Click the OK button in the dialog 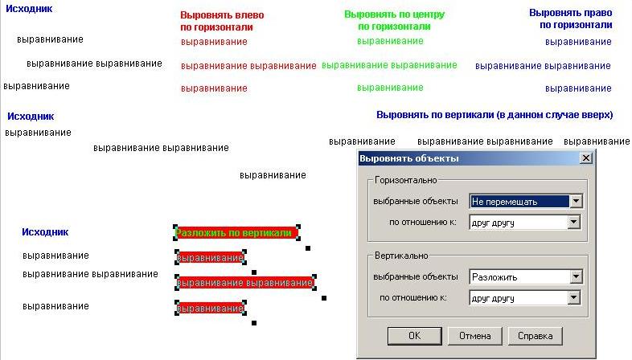pyautogui.click(x=414, y=336)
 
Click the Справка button pyautogui.click(x=535, y=336)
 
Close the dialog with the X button pyautogui.click(x=586, y=158)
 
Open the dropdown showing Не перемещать pyautogui.click(x=526, y=202)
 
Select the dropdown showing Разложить pyautogui.click(x=526, y=277)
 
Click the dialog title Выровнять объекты pyautogui.click(x=409, y=158)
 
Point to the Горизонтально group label pyautogui.click(x=405, y=180)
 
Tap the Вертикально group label pyautogui.click(x=401, y=256)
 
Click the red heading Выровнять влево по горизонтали pyautogui.click(x=222, y=21)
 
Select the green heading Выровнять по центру pyautogui.click(x=394, y=20)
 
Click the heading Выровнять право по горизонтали pyautogui.click(x=571, y=19)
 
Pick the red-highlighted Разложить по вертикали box pyautogui.click(x=236, y=233)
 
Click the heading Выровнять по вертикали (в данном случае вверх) pyautogui.click(x=495, y=115)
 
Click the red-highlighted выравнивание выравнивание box pyautogui.click(x=245, y=283)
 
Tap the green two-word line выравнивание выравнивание pyautogui.click(x=389, y=65)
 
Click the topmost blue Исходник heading pyautogui.click(x=29, y=9)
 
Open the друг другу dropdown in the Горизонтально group pyautogui.click(x=525, y=223)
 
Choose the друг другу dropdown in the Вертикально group pyautogui.click(x=525, y=298)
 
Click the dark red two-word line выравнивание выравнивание pyautogui.click(x=248, y=66)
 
